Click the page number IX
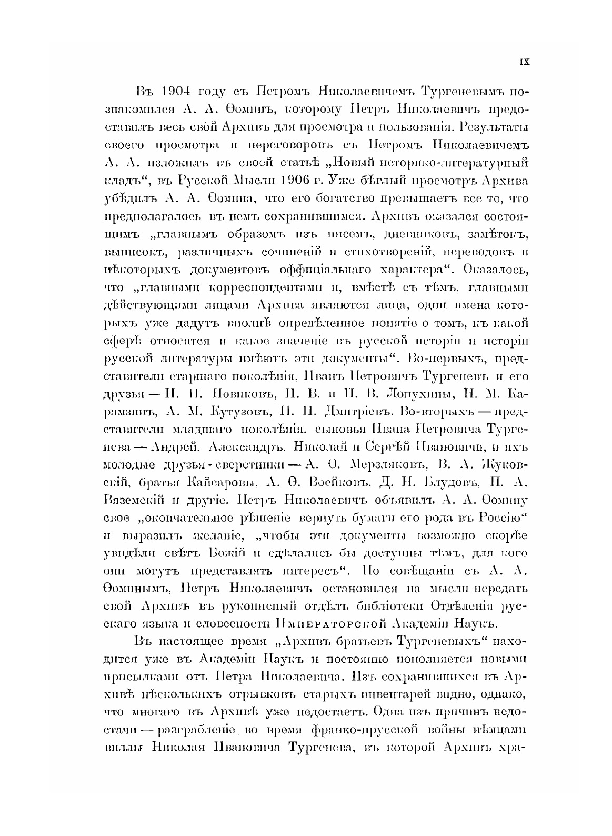click(524, 62)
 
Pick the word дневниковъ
click(390, 234)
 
